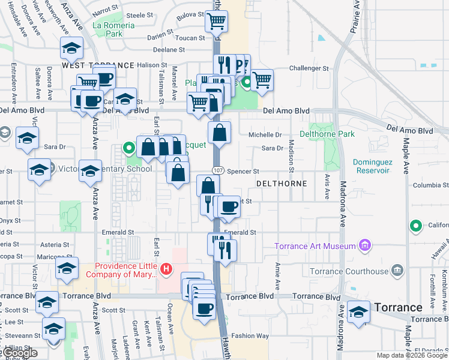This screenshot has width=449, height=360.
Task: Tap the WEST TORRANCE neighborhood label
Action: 98,65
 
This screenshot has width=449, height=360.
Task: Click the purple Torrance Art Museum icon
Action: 364,245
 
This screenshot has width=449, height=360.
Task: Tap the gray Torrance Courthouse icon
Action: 396,270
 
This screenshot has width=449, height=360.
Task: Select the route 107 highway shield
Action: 217,170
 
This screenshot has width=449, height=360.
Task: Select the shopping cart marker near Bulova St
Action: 216,22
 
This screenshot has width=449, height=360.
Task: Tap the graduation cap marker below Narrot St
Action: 71,47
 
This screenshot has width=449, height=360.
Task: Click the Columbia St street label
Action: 427,185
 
